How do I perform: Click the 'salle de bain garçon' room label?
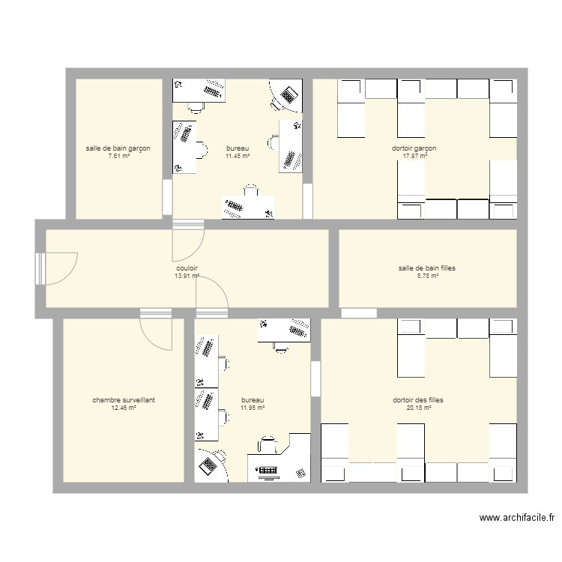coord(118,148)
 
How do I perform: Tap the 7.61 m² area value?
coord(119,156)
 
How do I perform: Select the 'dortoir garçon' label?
coord(414,148)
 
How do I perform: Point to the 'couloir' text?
coord(187,268)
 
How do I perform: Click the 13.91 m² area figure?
coord(187,276)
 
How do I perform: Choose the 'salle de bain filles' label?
coord(427,268)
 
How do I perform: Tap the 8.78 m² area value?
coord(428,276)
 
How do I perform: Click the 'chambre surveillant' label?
coord(124,400)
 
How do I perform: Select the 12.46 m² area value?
coord(124,408)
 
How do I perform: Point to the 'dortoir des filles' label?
coord(418,400)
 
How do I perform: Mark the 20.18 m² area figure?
coord(419,408)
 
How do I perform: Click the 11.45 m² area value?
coord(238,156)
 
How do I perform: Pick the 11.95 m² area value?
coord(253,408)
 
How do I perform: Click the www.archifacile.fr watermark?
coord(517,518)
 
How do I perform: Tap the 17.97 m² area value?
coord(415,156)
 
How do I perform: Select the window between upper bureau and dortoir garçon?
coord(307,201)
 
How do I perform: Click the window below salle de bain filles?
coord(359,313)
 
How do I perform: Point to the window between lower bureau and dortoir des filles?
coord(315,379)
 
